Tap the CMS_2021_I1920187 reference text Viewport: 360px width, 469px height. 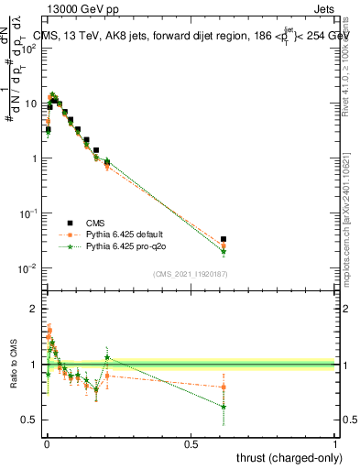pyautogui.click(x=191, y=274)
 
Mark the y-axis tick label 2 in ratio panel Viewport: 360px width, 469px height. pyautogui.click(x=34, y=310)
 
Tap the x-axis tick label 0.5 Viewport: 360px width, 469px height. pyautogui.click(x=191, y=444)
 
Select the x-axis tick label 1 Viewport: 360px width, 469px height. pyautogui.click(x=335, y=444)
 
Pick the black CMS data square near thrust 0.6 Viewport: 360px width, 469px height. pyautogui.click(x=224, y=239)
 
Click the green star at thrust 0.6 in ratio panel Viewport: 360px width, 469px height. pyautogui.click(x=224, y=407)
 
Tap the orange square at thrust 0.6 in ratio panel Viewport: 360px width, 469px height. pyautogui.click(x=224, y=387)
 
